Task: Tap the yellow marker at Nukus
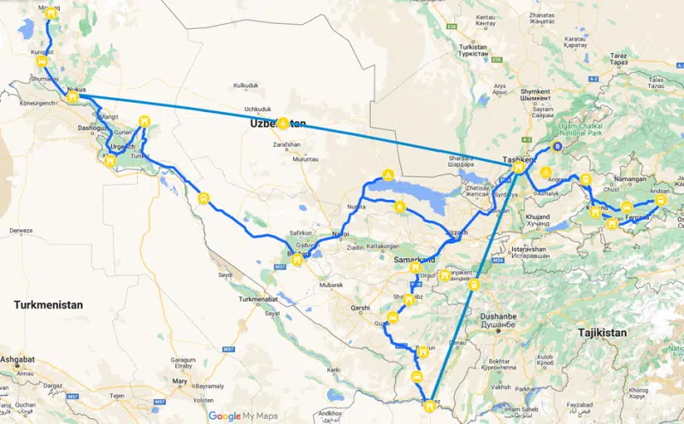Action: pos(74,97)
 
